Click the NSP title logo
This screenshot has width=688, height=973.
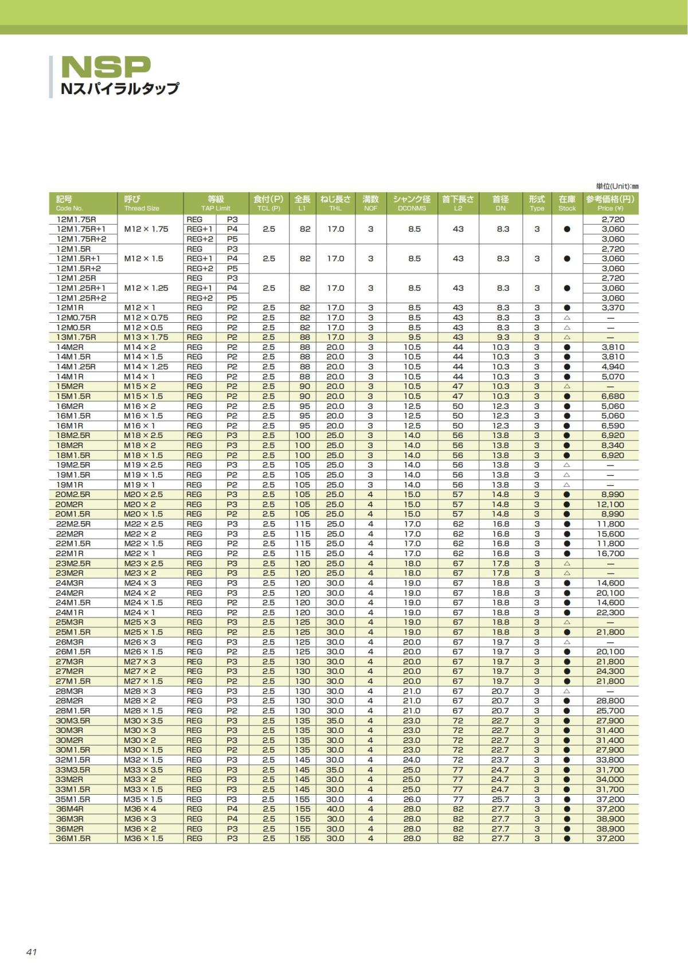click(106, 67)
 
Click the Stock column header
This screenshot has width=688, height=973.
click(566, 203)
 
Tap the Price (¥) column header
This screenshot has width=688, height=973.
click(610, 203)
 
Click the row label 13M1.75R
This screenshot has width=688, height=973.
click(76, 337)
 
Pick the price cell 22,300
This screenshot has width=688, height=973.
click(610, 612)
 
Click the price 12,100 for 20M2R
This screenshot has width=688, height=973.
click(610, 505)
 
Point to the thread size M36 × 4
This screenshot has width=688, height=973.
click(140, 809)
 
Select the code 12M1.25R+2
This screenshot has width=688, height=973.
click(81, 298)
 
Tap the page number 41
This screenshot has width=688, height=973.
click(32, 952)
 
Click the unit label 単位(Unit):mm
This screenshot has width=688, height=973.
click(617, 186)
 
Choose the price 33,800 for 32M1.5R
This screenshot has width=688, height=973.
click(610, 760)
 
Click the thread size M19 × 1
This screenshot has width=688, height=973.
click(139, 484)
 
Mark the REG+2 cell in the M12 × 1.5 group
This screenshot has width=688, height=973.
click(200, 268)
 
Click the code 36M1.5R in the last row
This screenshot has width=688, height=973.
click(73, 838)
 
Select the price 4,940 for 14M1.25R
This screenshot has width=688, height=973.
click(613, 366)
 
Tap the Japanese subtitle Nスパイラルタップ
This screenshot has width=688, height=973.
click(120, 88)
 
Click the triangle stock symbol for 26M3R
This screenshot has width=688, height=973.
click(566, 642)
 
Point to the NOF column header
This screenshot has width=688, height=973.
click(370, 203)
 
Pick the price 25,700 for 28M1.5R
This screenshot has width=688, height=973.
click(610, 710)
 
